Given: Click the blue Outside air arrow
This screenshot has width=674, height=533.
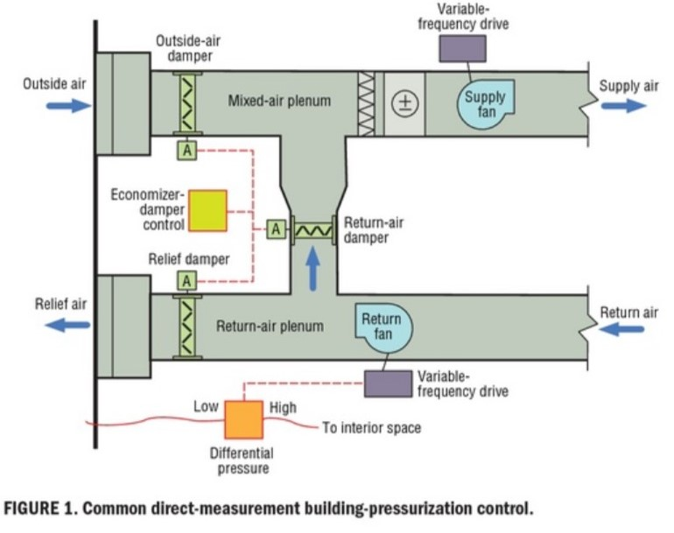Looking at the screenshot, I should point(68,106).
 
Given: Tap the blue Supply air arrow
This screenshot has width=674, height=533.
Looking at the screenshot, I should point(622,105).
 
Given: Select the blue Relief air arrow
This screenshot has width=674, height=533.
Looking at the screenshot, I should point(67,324).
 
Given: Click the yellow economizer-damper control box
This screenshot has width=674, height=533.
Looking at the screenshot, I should point(207,211).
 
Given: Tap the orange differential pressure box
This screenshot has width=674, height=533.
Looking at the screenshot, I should point(243,419).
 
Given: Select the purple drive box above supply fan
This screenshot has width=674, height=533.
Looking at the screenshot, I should point(462,48).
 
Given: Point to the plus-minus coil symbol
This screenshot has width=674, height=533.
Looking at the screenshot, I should point(404,102).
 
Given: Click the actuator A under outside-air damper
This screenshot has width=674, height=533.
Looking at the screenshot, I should point(186,150).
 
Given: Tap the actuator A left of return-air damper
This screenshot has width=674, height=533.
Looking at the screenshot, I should point(276,228).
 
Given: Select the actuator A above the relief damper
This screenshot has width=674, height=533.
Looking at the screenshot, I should point(186,280).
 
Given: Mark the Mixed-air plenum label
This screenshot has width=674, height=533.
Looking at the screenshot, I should point(279,101).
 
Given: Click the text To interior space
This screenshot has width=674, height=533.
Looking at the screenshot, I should point(371,428).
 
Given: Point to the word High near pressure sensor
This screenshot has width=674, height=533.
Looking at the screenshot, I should point(283,407).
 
